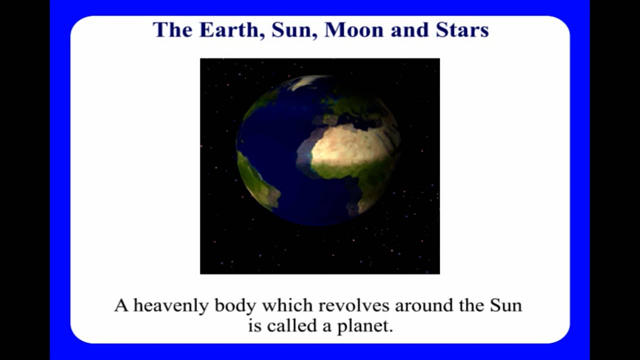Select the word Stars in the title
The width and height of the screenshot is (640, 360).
click(462, 30)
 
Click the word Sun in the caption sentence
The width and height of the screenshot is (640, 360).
click(505, 305)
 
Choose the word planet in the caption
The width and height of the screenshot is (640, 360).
click(369, 326)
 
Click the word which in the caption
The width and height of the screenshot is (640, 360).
click(282, 305)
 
